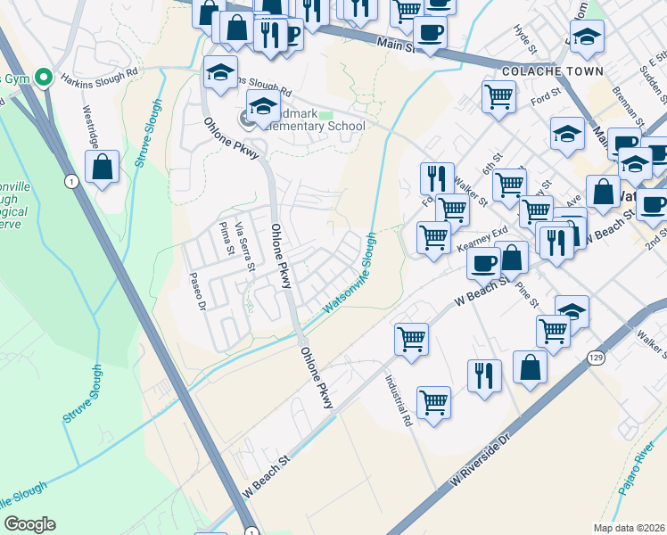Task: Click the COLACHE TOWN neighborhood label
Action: point(553,70)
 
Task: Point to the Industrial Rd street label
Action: point(399,398)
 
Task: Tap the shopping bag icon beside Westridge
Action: point(103,167)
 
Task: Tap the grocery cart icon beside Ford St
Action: point(499,96)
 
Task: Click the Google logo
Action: point(29,524)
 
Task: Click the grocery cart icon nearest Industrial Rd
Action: point(411,338)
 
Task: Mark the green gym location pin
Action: point(41,78)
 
